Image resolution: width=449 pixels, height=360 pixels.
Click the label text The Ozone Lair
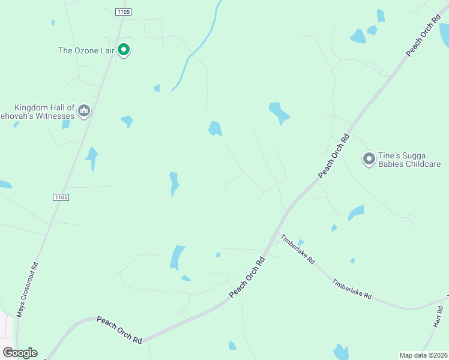click(x=86, y=50)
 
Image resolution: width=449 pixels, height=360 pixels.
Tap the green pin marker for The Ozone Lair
click(x=124, y=49)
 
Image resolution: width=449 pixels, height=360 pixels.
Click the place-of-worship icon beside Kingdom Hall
click(x=84, y=111)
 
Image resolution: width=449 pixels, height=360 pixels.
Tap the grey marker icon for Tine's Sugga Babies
click(x=369, y=159)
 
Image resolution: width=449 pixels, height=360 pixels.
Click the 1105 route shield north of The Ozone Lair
click(x=123, y=11)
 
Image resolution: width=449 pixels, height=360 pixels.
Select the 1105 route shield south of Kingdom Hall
click(x=61, y=197)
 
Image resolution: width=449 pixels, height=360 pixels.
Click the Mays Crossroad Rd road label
click(x=28, y=290)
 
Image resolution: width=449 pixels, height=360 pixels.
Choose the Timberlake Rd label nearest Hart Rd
click(x=352, y=289)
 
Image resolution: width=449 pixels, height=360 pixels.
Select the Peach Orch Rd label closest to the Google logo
click(x=119, y=330)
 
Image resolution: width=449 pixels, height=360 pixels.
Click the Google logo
click(x=20, y=353)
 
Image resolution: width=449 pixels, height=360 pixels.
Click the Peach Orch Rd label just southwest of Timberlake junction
click(x=247, y=277)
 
